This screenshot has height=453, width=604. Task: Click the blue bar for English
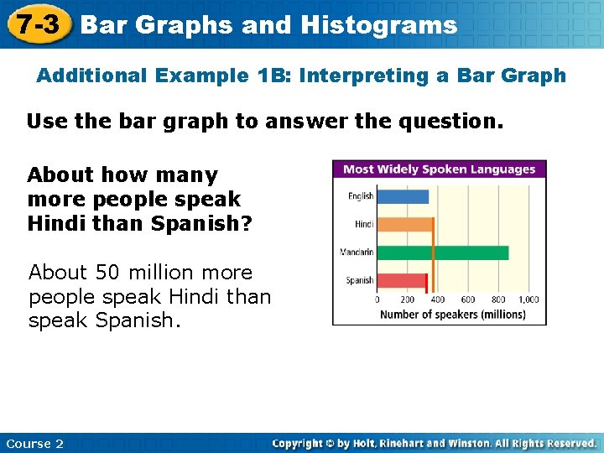[403, 197]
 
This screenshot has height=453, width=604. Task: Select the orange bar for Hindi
[404, 225]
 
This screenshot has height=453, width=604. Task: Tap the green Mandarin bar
[442, 253]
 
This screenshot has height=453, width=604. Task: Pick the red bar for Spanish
[401, 280]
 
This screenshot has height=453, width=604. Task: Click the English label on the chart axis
[361, 197]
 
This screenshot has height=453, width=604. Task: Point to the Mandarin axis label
[357, 253]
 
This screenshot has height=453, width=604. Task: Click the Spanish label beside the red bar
[360, 280]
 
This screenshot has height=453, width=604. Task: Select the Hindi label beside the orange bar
[364, 225]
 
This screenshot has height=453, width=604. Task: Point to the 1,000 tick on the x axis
[528, 299]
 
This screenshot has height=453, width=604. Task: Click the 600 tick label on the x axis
[468, 299]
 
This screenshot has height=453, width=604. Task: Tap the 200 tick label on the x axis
[408, 299]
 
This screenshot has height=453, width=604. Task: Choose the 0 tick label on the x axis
[377, 299]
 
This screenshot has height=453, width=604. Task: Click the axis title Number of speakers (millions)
[453, 315]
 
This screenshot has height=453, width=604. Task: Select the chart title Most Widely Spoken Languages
[440, 169]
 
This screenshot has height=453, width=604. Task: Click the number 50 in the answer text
[107, 273]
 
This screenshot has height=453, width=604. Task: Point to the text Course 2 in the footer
[34, 444]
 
